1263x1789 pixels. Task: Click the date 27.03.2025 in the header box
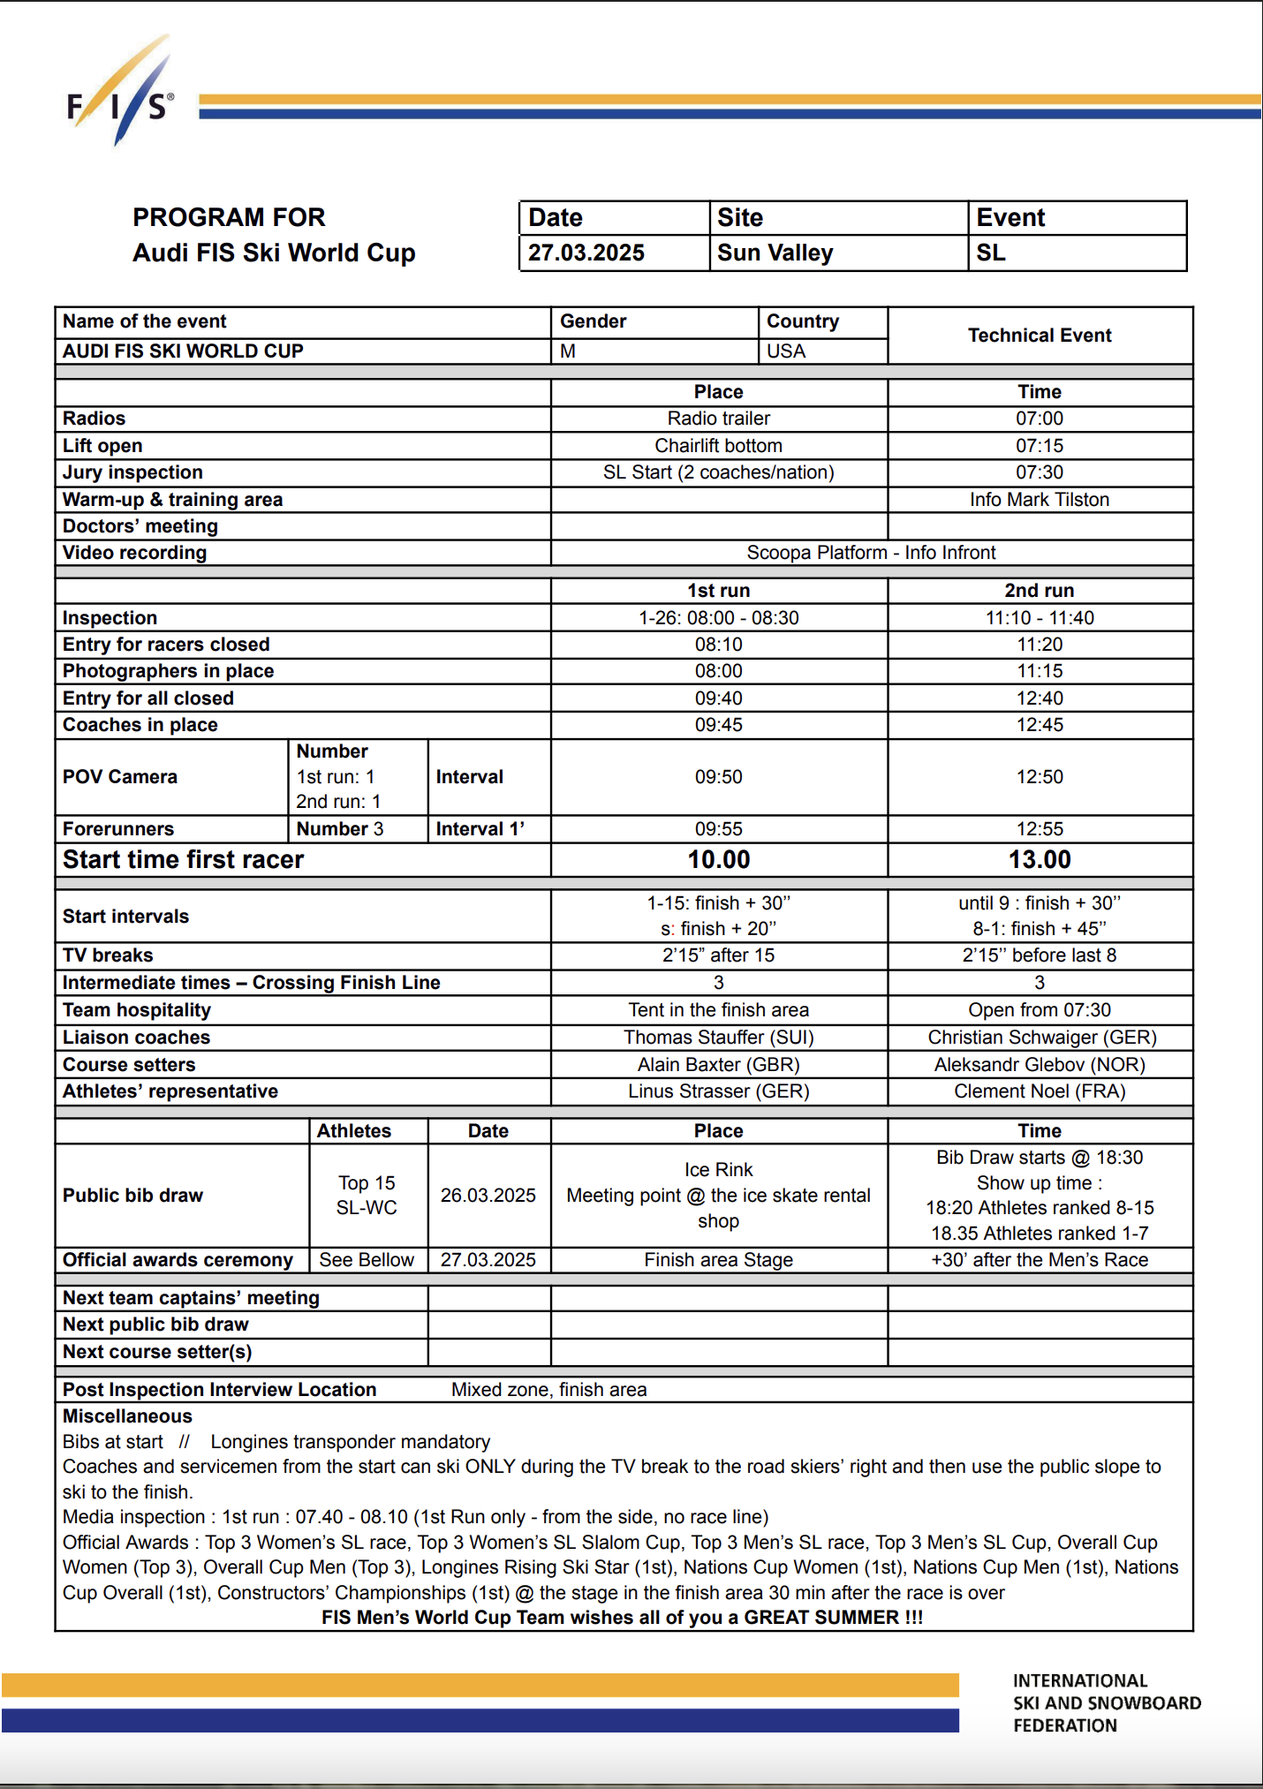click(x=586, y=253)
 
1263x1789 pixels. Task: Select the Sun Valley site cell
click(x=775, y=253)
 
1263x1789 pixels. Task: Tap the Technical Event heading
click(x=1039, y=336)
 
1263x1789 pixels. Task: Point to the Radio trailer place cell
click(x=718, y=419)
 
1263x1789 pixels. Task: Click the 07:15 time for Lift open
click(x=1039, y=446)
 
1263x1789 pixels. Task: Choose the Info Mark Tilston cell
click(x=1039, y=500)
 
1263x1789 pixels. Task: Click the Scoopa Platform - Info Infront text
click(x=871, y=553)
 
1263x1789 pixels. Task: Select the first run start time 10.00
click(x=718, y=860)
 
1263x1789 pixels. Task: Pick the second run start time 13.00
click(x=1039, y=860)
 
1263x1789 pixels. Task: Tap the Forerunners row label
click(x=118, y=829)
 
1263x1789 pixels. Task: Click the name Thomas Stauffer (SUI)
click(x=718, y=1038)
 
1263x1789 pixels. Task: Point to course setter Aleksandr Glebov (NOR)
click(x=1039, y=1065)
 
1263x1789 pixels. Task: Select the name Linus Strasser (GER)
click(x=718, y=1091)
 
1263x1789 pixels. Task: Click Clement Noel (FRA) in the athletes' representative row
click(x=1039, y=1091)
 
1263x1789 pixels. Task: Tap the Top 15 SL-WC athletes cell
click(x=367, y=1196)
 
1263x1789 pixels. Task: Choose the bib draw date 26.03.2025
click(x=488, y=1196)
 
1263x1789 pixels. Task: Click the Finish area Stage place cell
click(x=718, y=1260)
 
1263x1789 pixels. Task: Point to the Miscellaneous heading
click(x=127, y=1416)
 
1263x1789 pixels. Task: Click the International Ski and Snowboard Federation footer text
click(x=1106, y=1703)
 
